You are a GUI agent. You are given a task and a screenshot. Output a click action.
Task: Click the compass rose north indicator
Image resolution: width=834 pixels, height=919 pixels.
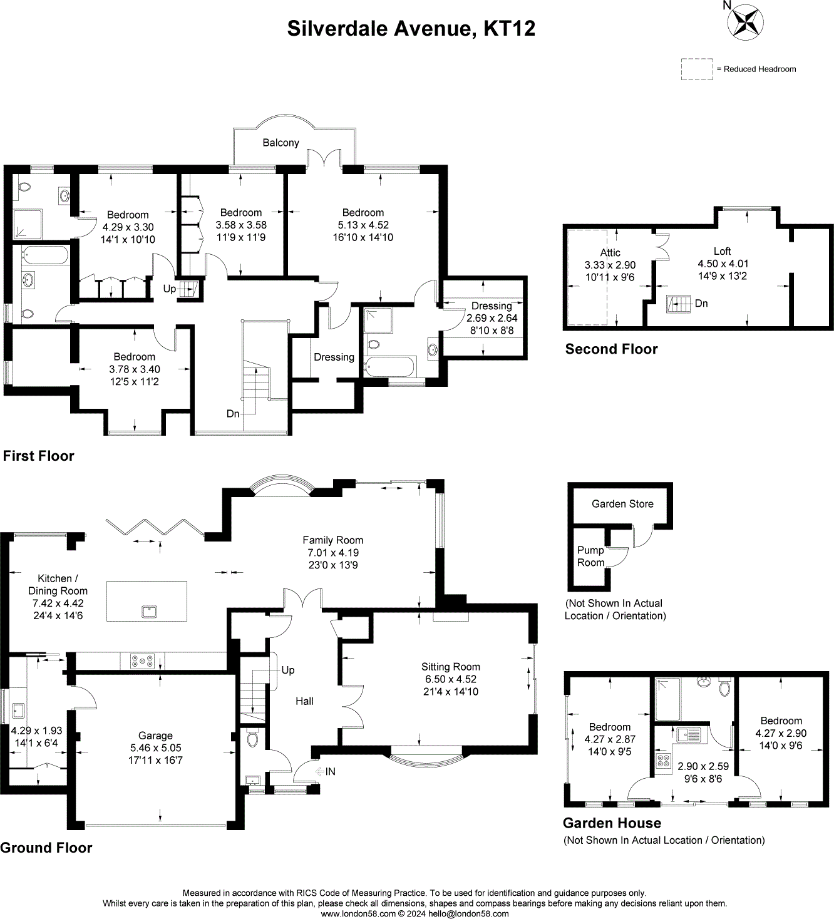click(744, 21)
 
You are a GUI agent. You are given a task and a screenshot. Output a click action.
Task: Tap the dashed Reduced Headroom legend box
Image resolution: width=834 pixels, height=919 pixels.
click(697, 69)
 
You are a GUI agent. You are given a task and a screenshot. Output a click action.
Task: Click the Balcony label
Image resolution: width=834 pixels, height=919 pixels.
click(281, 143)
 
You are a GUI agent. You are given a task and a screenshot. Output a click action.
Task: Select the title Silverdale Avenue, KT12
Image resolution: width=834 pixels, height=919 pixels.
click(411, 29)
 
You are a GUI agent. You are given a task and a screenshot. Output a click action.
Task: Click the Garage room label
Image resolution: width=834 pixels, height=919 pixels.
click(155, 736)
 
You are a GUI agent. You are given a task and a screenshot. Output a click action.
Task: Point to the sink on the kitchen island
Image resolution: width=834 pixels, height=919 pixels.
click(149, 611)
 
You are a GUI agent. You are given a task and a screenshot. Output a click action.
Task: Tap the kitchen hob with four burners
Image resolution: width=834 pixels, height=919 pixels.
click(142, 661)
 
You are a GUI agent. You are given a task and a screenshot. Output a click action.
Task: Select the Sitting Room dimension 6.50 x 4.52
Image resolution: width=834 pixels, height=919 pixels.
click(450, 679)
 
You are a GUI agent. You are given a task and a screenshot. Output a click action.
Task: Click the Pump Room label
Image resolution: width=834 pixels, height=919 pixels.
click(590, 556)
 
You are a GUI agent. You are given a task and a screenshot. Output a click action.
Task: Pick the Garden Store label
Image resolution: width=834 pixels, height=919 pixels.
click(622, 504)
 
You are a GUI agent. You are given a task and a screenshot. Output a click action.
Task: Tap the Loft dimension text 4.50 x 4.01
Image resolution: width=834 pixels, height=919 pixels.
click(723, 264)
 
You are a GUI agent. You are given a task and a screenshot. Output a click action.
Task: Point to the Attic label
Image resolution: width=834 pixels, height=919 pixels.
click(610, 252)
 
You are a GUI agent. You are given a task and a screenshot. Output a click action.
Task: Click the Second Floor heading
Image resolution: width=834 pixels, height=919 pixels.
click(611, 349)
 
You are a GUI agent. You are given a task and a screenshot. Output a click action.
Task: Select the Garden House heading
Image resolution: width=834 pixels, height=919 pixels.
click(612, 823)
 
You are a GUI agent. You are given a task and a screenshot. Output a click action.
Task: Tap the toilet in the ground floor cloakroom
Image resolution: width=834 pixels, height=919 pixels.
click(253, 739)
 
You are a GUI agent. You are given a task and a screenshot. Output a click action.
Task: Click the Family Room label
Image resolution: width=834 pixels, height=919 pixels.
click(332, 540)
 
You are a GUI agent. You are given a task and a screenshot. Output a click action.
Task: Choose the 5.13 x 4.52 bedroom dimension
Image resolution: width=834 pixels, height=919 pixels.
click(363, 225)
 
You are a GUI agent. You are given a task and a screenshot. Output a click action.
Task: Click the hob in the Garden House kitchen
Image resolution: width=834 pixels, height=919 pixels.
click(662, 761)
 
